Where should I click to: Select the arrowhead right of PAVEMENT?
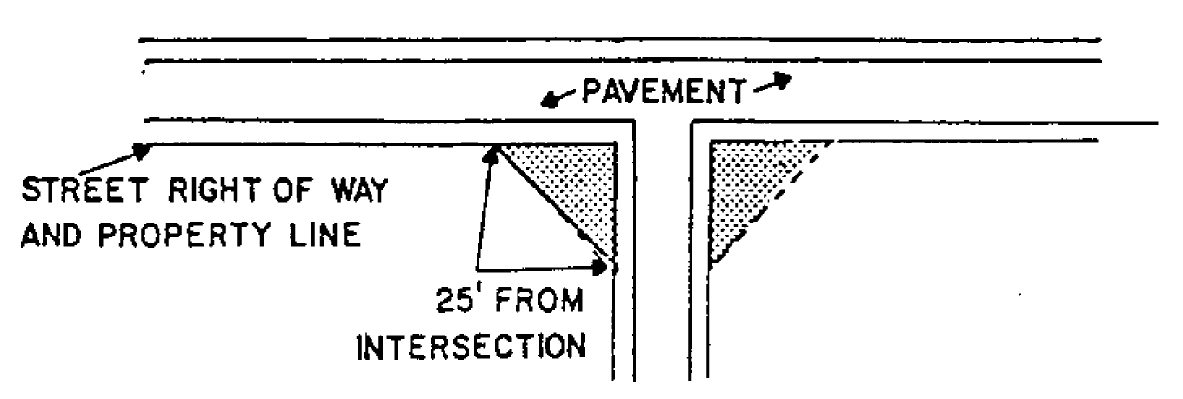click(x=781, y=81)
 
